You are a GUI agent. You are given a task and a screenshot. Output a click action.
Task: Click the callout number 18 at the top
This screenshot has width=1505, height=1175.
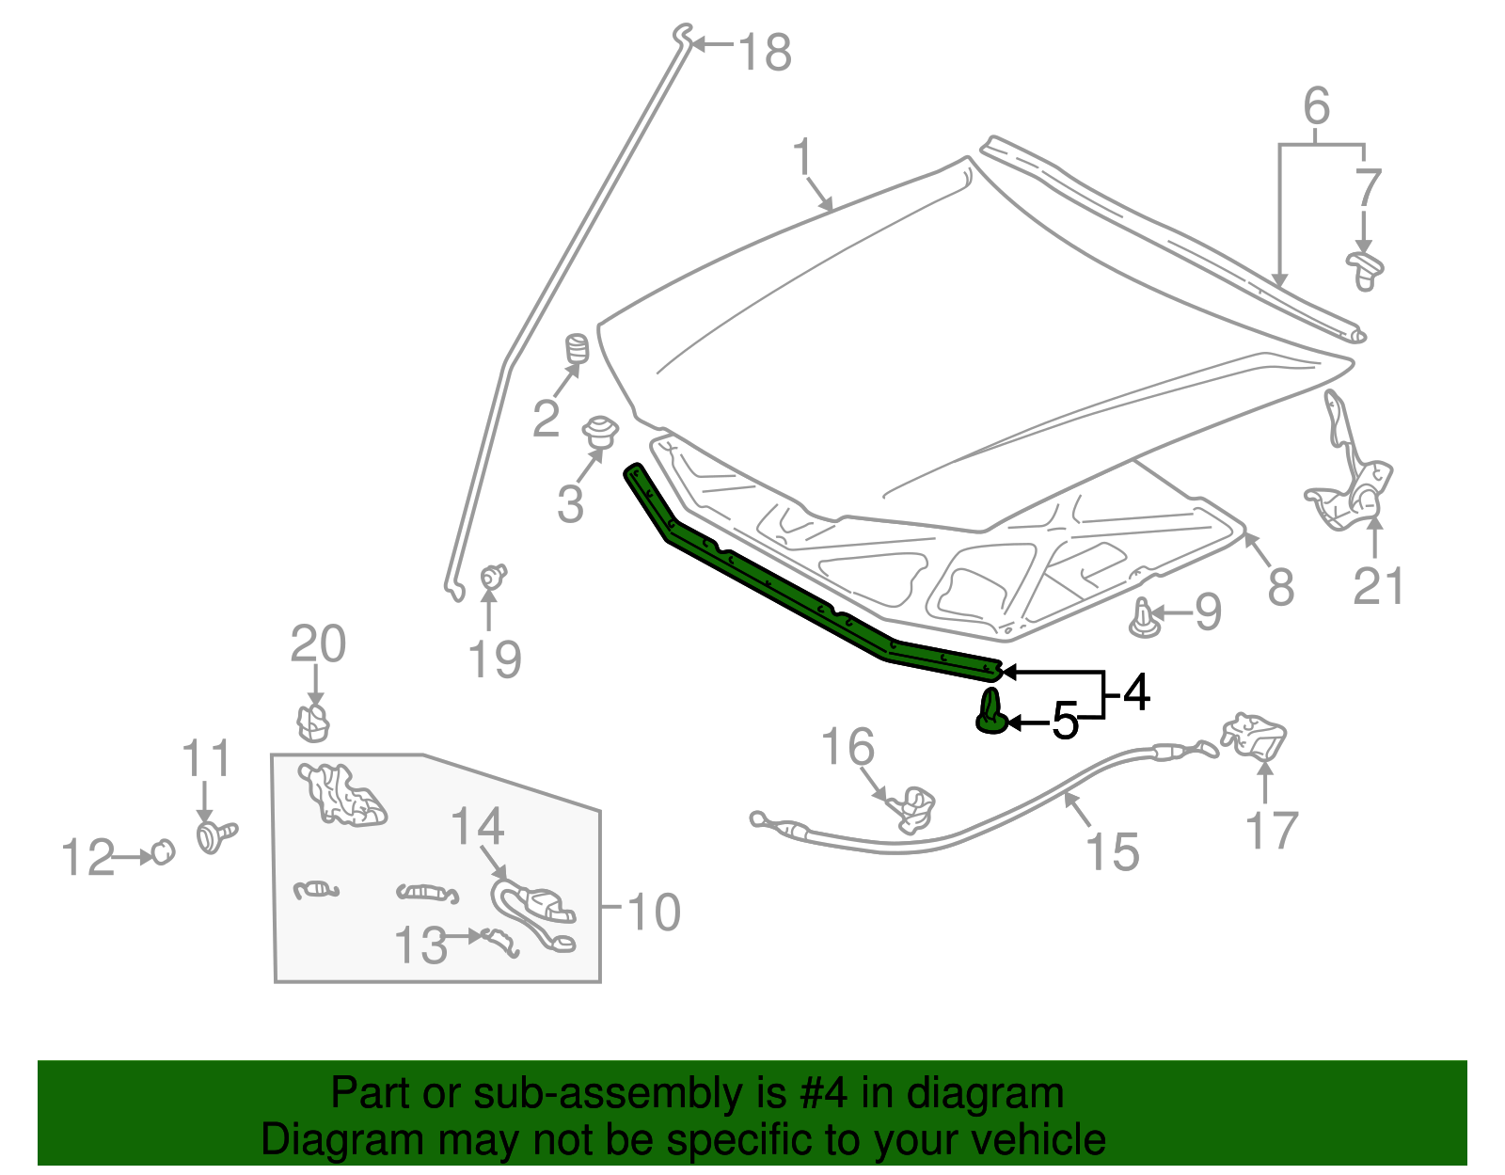pos(765,53)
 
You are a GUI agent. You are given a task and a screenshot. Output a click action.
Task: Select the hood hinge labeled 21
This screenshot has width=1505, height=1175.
pos(1351,470)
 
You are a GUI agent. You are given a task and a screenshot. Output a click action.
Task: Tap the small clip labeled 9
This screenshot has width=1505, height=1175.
pos(1143,619)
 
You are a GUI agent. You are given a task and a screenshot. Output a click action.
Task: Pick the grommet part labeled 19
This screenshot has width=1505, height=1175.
pos(494,575)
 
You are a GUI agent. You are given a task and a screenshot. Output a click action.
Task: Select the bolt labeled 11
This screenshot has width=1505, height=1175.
pos(216,834)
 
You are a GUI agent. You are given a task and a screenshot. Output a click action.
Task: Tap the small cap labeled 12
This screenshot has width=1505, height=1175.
pos(163,851)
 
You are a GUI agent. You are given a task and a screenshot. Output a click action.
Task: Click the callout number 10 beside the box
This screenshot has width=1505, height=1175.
pos(654,912)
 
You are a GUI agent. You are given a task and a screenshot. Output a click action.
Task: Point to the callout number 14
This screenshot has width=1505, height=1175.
pos(477,826)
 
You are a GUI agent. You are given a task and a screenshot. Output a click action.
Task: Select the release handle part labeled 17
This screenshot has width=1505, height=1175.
pos(1255,737)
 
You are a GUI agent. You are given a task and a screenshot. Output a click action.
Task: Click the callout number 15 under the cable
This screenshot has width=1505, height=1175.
pos(1113,851)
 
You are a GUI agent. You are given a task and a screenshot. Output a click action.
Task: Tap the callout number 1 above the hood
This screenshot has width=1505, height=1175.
pos(801,157)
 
